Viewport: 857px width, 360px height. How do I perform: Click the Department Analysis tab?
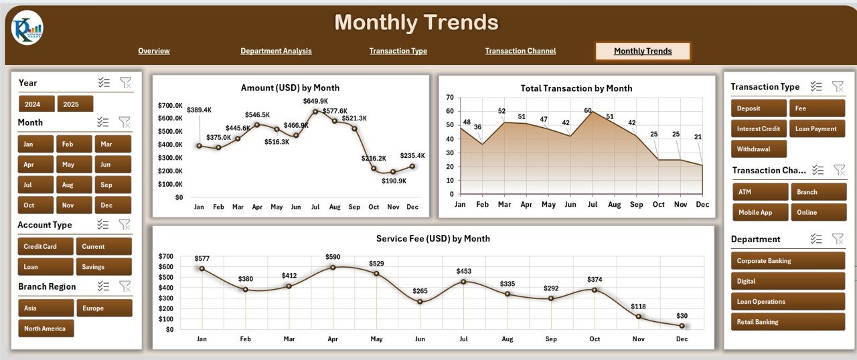pos(276,51)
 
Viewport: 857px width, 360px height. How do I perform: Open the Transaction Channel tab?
pos(520,51)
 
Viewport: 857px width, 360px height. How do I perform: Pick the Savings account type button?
pos(103,267)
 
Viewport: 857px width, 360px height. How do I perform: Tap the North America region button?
pos(46,329)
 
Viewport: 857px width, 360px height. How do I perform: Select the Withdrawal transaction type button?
pos(758,149)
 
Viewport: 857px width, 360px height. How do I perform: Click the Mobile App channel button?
pos(759,213)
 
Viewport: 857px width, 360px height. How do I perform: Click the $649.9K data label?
pos(316,101)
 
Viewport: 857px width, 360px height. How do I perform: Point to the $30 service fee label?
pos(682,316)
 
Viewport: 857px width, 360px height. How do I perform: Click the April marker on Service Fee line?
pos(333,267)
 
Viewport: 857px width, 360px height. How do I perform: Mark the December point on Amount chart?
pos(412,167)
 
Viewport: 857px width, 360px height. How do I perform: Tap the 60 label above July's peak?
pos(588,110)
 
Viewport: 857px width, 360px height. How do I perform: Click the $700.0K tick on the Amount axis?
pos(170,105)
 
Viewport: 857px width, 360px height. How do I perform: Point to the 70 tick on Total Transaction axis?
pos(449,98)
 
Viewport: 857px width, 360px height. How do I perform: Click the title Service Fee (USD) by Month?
pos(433,239)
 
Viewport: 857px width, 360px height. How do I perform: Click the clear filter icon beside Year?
pos(125,82)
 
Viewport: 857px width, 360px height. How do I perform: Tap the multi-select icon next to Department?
pos(815,239)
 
